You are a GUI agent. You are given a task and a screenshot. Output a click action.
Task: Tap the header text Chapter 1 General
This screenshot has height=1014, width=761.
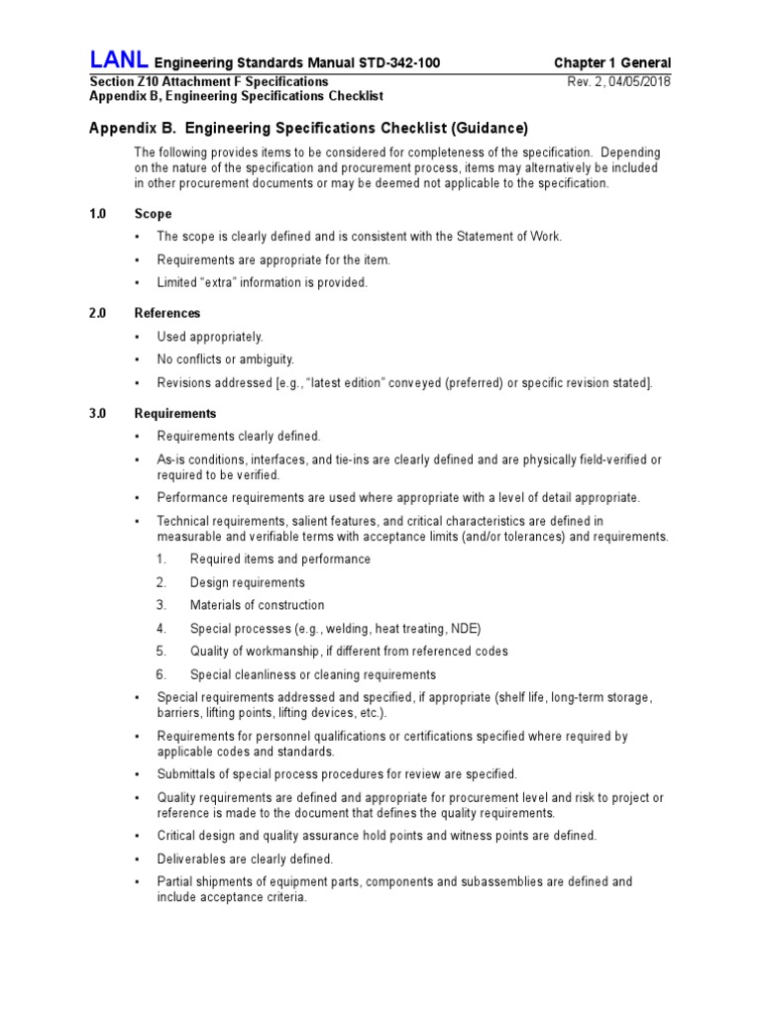612,63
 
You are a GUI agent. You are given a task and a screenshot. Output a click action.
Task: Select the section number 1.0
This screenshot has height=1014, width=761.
97,214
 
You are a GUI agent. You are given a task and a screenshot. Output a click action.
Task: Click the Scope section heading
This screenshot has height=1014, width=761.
153,214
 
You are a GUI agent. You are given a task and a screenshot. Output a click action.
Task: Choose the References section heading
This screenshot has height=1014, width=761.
167,313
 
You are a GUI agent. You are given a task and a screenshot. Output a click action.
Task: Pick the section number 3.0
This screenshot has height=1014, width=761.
97,413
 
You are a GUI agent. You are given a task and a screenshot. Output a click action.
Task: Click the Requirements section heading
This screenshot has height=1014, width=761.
175,413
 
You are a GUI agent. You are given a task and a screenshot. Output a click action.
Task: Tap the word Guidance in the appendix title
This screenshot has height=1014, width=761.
489,129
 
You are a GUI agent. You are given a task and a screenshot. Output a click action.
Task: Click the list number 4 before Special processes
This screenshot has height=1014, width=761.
161,629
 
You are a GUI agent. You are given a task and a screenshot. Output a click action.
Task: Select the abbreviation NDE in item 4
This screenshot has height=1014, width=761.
464,629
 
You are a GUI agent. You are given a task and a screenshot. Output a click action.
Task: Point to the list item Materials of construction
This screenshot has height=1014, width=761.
257,605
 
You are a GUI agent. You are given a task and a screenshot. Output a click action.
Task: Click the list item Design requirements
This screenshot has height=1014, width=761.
247,582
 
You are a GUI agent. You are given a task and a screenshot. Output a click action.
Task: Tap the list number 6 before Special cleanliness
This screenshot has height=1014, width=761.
161,674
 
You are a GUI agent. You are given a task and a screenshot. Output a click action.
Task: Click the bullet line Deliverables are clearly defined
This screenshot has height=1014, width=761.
245,859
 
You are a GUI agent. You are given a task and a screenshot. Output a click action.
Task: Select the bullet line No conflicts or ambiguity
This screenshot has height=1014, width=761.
225,359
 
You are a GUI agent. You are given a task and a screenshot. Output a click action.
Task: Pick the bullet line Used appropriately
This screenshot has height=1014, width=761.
210,337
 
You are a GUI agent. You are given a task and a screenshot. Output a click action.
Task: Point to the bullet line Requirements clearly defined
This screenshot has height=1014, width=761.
239,437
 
